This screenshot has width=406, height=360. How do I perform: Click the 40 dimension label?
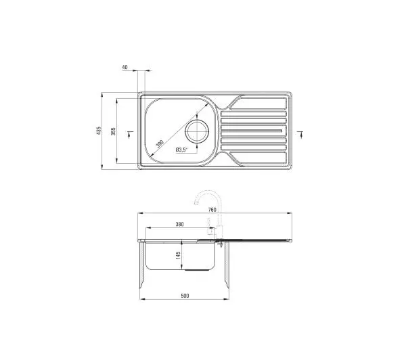125,68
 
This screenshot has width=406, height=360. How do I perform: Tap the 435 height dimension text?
98,131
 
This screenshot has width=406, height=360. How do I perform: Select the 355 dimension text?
113,131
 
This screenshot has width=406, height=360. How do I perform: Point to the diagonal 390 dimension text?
160,143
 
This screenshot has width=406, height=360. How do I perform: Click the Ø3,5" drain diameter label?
181,150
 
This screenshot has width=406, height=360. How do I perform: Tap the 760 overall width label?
212,210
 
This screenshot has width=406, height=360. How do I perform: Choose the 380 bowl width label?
179,224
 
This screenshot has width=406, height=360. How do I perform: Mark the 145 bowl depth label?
178,255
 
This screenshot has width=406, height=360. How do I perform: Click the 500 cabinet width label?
185,296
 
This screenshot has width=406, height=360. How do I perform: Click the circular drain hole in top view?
197,131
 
